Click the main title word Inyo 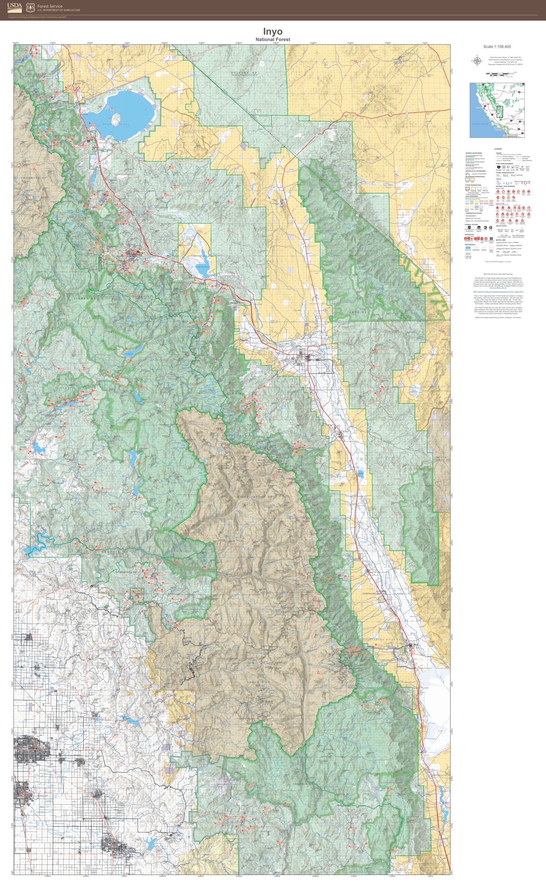click(273, 31)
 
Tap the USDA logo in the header click(14, 6)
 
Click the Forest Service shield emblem click(31, 7)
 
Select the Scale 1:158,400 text click(497, 46)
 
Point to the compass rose click(477, 61)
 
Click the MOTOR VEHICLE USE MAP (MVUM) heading click(498, 274)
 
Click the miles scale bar click(500, 76)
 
